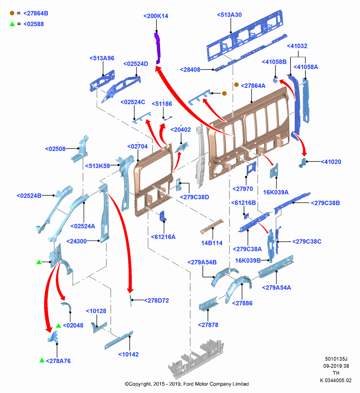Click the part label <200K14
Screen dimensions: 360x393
pos(156,16)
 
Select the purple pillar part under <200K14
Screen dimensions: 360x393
pos(158,48)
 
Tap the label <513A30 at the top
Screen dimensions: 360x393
pos(229,15)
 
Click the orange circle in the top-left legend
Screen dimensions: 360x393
pos(12,13)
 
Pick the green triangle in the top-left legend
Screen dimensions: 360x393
pos(12,24)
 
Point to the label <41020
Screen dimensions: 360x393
pos(331,162)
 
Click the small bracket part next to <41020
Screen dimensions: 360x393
pos(303,163)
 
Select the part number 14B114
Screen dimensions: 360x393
pos(211,243)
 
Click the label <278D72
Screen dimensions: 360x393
pos(156,300)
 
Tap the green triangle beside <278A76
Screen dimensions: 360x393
pos(42,360)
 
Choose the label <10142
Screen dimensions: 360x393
pos(129,354)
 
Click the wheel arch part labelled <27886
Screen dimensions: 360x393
pos(238,288)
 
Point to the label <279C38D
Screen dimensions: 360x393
pos(194,197)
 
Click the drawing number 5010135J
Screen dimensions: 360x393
pos(336,359)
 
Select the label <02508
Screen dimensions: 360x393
pos(55,149)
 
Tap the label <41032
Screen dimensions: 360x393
pos(297,46)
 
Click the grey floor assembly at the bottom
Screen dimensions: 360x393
pos(196,358)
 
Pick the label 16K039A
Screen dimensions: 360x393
pos(276,192)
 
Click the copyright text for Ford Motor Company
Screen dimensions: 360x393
pos(187,384)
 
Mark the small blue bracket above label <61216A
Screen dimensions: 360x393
pos(163,216)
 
